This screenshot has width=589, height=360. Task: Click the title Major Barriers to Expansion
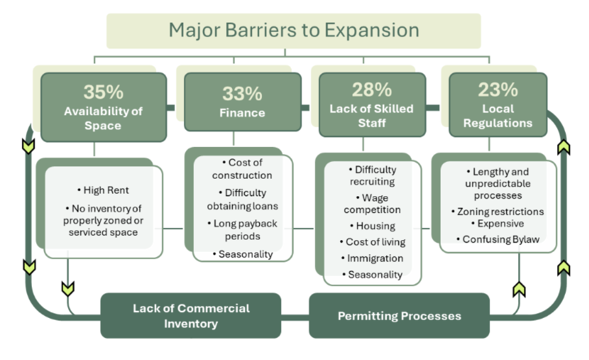pos(294,30)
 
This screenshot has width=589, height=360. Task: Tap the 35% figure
pos(103,92)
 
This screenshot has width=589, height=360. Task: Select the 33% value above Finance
pos(242,93)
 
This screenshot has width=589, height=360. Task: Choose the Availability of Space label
pos(103,118)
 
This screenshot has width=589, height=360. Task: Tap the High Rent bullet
pos(106,190)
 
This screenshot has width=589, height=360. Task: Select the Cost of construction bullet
pos(242,168)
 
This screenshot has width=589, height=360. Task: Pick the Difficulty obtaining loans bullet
pos(242,199)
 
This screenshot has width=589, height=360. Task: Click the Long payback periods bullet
pos(242,230)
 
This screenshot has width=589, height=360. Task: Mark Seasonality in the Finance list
pos(242,254)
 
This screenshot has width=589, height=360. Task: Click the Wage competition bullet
pos(372,203)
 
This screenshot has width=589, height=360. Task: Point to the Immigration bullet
pos(372,258)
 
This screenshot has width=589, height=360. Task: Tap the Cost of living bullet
pos(372,242)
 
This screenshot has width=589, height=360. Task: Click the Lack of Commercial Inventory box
pos(191,315)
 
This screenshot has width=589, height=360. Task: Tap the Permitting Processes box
pos(399,316)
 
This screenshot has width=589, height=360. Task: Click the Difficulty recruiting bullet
pos(372,175)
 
